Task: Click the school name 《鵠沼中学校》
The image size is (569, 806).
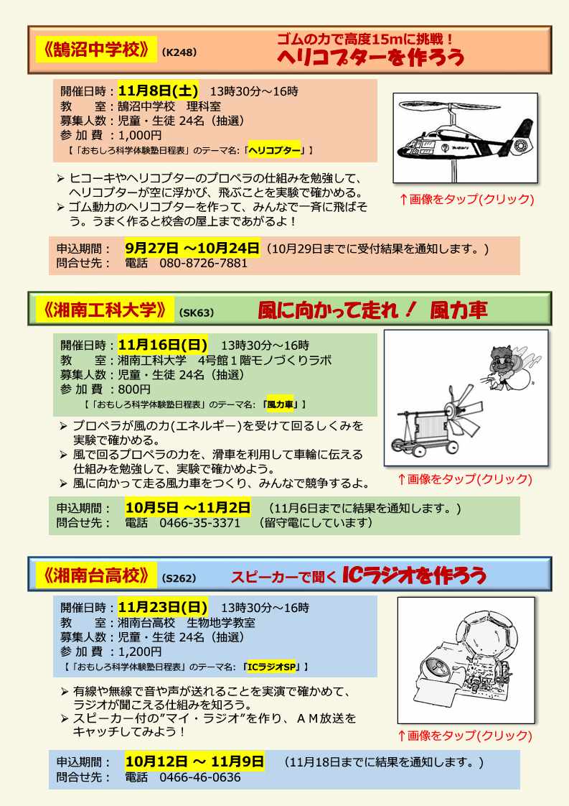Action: [97, 50]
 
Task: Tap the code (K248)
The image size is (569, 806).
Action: [179, 52]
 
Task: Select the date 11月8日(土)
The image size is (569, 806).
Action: [158, 91]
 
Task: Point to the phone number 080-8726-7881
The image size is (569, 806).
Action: [203, 263]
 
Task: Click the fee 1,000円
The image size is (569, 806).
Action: [140, 135]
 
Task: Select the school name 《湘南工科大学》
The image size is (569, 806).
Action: [105, 310]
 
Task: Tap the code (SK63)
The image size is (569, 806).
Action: [196, 312]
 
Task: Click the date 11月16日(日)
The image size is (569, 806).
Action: [163, 345]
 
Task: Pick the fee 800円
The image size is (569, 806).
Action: [134, 389]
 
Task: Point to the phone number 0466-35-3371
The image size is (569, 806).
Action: [199, 523]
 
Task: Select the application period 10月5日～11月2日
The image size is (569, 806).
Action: [188, 508]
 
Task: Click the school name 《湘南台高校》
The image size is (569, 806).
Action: [97, 575]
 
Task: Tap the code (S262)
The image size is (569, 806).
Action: [179, 578]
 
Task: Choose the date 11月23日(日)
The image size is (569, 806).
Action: [163, 607]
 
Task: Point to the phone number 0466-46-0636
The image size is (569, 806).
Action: [199, 777]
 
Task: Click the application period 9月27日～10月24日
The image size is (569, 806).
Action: [192, 249]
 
